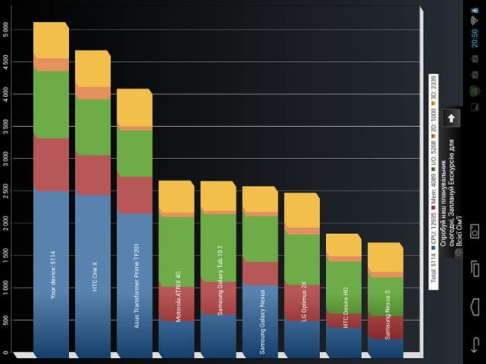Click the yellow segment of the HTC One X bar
point(92,69)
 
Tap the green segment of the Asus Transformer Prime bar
point(134,153)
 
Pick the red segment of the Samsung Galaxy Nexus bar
point(259,272)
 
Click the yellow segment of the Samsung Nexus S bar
point(384,257)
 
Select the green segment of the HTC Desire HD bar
point(342,287)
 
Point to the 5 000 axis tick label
point(8,28)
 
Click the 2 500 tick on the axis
point(8,190)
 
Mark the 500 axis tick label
point(8,320)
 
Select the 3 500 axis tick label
point(8,125)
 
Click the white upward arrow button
point(452,118)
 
